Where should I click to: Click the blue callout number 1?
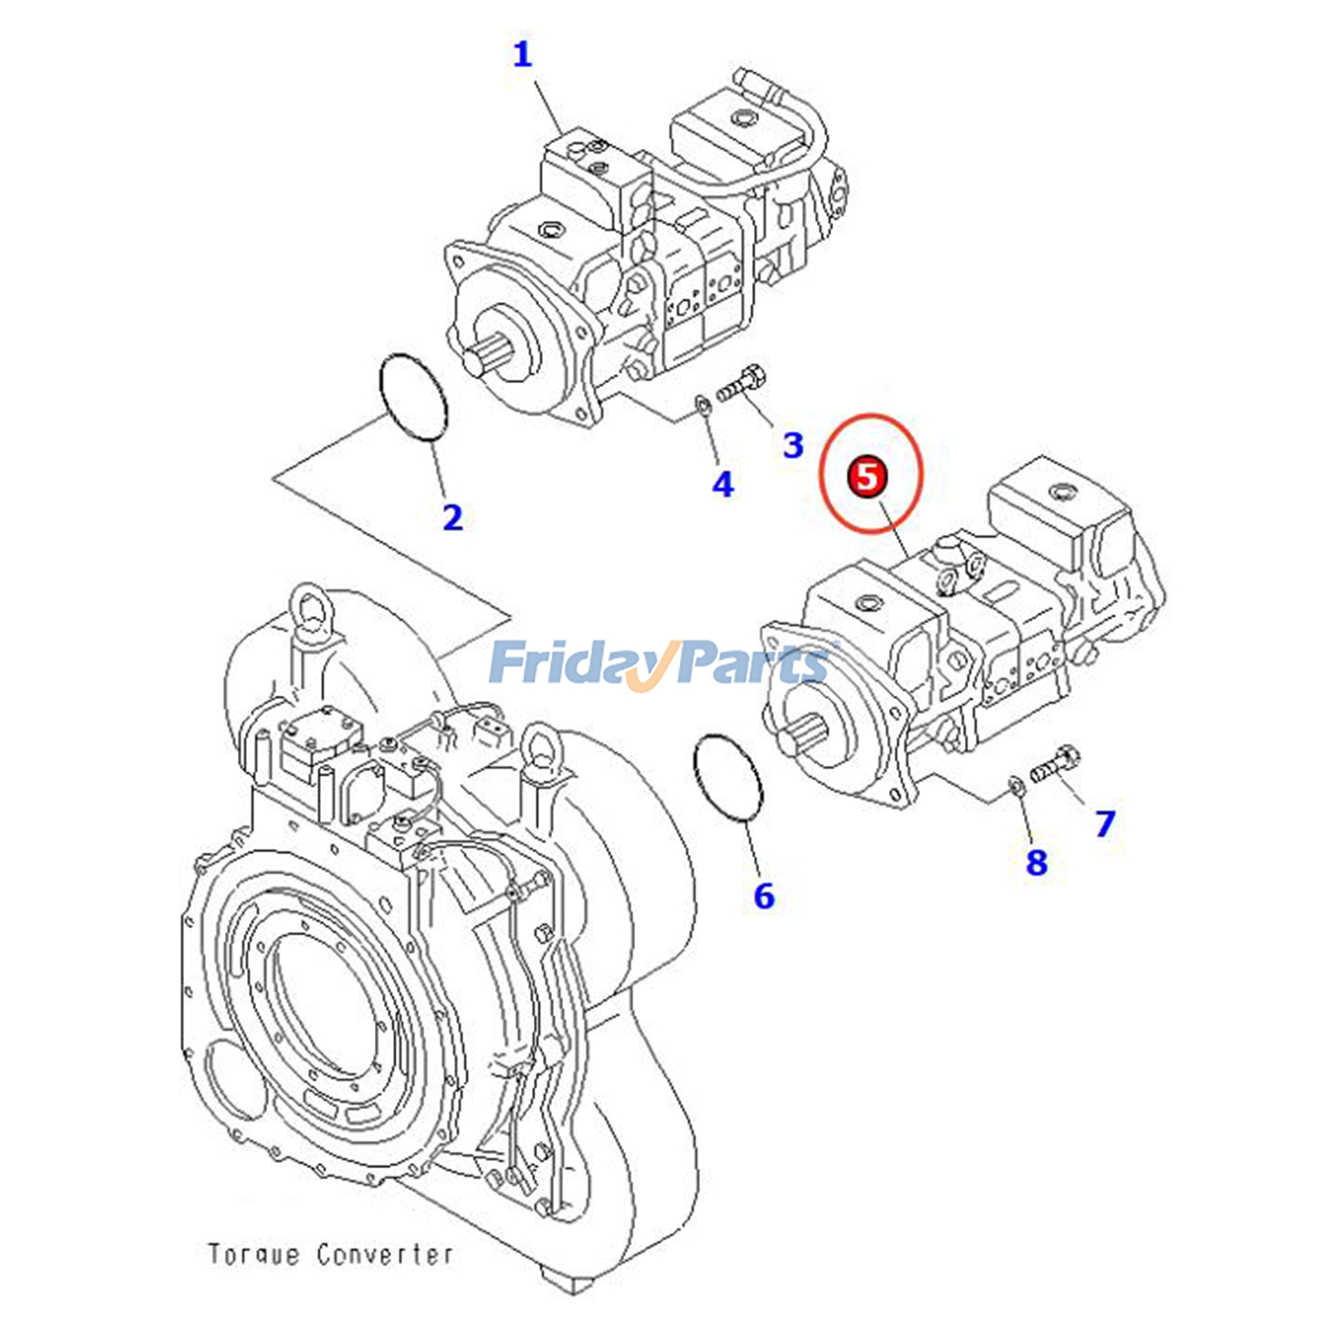(521, 55)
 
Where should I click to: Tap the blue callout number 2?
(452, 517)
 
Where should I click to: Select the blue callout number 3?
(793, 445)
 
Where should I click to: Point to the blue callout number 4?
(722, 484)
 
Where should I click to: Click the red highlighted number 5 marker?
(867, 478)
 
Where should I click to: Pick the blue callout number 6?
(763, 895)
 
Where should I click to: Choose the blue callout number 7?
(1104, 823)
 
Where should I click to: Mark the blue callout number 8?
(1036, 861)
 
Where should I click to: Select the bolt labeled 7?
(1055, 766)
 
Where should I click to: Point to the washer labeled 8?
(1016, 783)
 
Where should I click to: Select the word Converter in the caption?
(385, 1254)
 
